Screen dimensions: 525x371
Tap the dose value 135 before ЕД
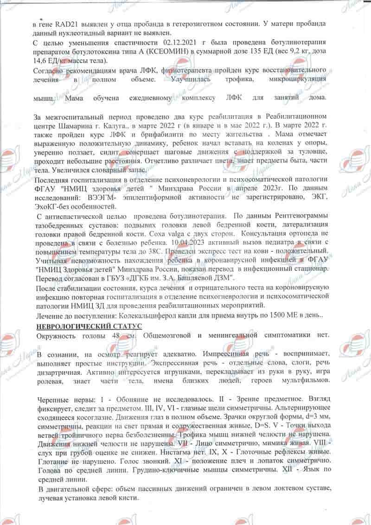tap(285, 51)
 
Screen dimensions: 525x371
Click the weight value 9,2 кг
tap(319, 51)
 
